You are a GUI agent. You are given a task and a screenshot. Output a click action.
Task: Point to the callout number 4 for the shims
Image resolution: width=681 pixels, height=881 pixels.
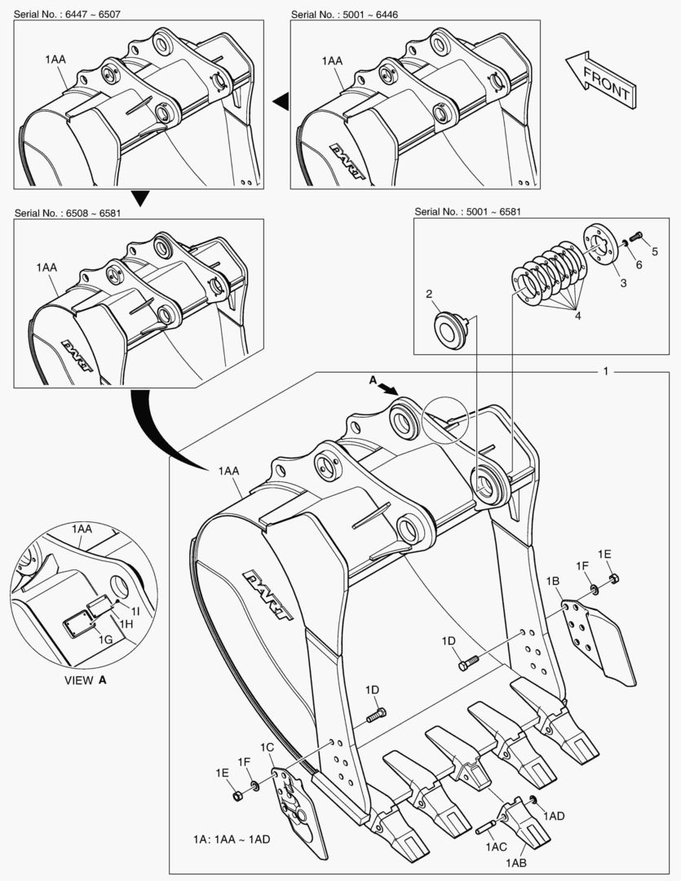point(578,314)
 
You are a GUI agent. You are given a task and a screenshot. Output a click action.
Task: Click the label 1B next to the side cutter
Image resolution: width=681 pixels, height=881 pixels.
point(552,581)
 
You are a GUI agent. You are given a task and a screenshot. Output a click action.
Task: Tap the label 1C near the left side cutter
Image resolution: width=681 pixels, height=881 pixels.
point(267,747)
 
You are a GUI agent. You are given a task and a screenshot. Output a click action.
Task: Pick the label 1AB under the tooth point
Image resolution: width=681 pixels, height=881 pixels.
point(515,862)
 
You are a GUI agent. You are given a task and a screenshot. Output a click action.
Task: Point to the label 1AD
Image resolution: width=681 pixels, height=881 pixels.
point(554,816)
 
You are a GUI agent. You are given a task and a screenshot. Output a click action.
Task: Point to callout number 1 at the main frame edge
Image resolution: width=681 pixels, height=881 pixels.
point(605,371)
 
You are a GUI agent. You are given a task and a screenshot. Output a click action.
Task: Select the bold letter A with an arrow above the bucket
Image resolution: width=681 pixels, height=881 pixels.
point(373,380)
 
